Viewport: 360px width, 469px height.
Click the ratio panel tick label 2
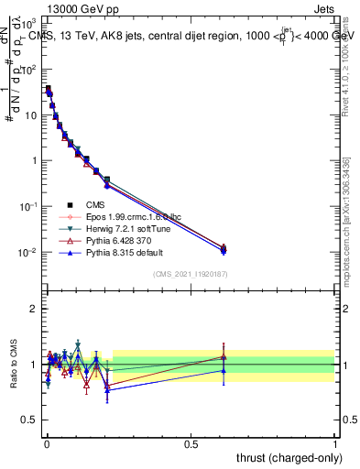click(x=33, y=309)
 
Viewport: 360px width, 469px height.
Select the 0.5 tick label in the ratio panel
click(x=29, y=420)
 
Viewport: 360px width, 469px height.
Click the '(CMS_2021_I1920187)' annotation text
click(x=190, y=274)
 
